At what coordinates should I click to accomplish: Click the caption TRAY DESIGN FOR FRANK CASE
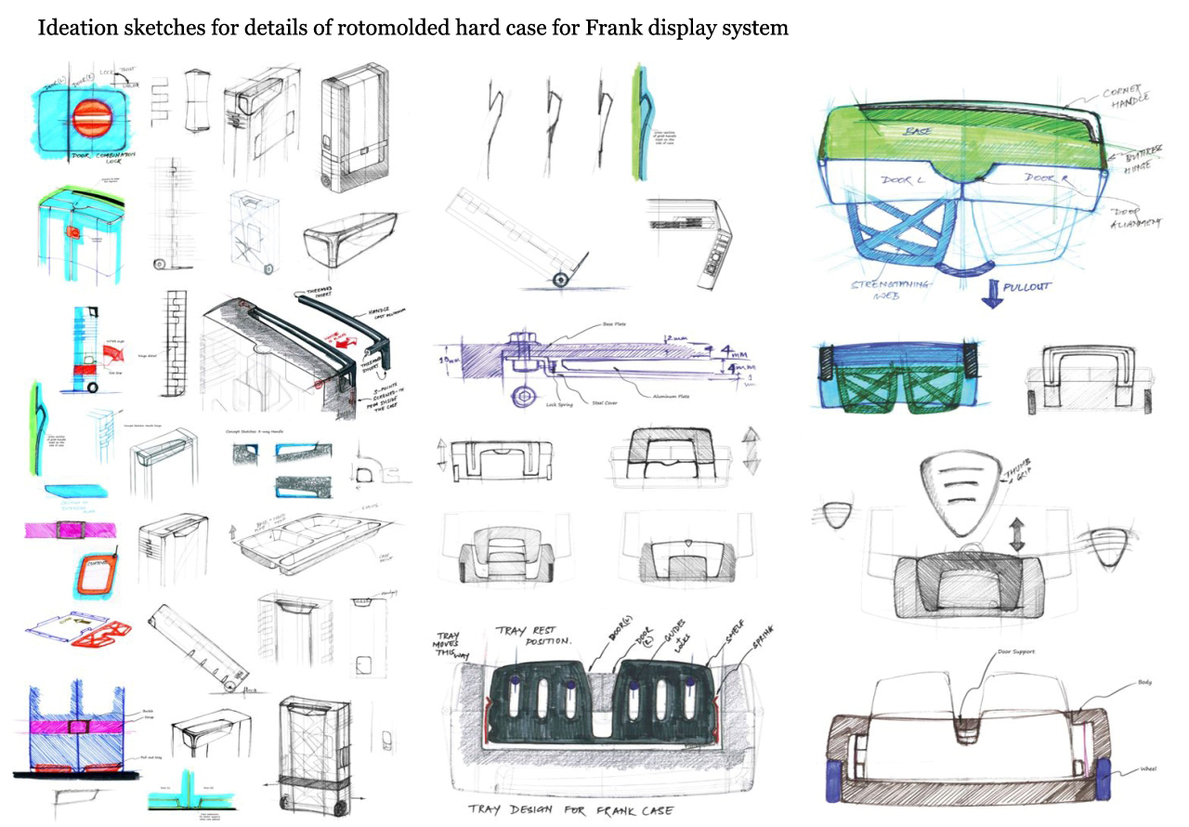(x=569, y=810)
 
